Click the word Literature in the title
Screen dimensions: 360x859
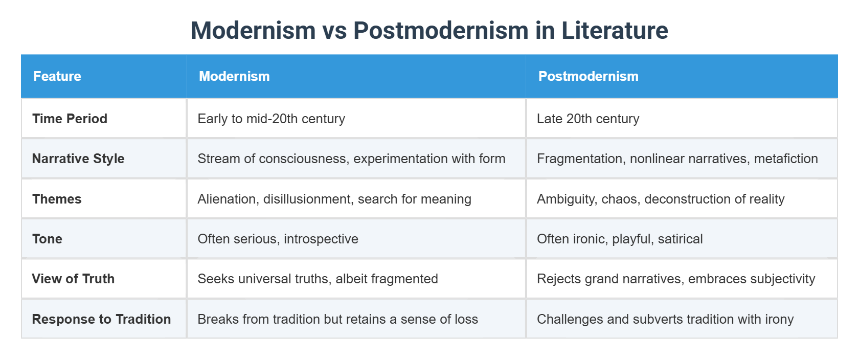tap(615, 31)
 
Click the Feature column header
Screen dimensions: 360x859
tap(57, 76)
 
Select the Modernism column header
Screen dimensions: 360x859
tap(234, 76)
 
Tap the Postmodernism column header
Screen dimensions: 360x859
tap(588, 76)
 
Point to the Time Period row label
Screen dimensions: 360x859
tap(70, 119)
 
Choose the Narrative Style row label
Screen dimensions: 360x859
tap(78, 159)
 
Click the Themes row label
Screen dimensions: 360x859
tap(57, 199)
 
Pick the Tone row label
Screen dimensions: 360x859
tap(47, 239)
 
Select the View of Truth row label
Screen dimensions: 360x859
tap(73, 279)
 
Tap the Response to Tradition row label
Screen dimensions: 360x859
tap(101, 319)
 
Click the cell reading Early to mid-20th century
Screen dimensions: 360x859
tap(271, 119)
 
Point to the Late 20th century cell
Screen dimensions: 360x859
tap(588, 119)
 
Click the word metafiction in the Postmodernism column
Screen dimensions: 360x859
tap(786, 159)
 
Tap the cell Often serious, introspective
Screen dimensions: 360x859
tap(278, 239)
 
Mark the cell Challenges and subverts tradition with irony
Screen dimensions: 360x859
tap(665, 319)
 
